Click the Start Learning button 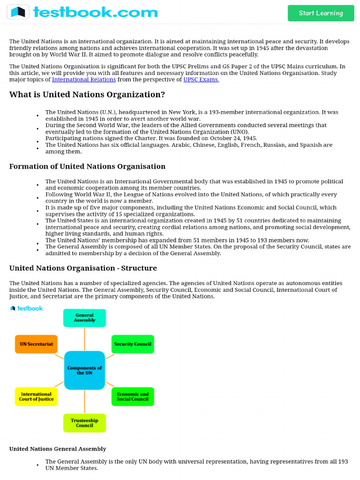coord(321,13)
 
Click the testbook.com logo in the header coord(82,12)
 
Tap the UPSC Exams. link coord(201,80)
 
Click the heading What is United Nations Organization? coord(87,95)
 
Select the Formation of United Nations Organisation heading coord(87,166)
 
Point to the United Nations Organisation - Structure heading coord(83,268)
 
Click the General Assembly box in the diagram coord(84,318)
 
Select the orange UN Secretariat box coord(36,344)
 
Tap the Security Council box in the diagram coord(133,344)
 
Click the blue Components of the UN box coord(84,370)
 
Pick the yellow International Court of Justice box coord(36,397)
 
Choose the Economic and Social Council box coord(133,397)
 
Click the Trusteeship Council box coord(84,423)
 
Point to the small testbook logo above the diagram coord(26,308)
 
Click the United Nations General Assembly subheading coord(58,449)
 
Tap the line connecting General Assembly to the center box coord(84,338)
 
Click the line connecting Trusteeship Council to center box coord(84,401)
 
